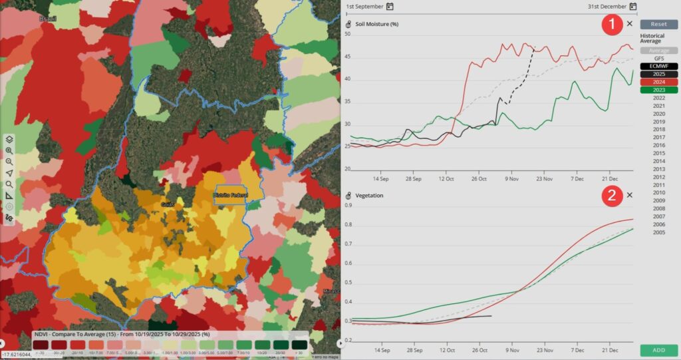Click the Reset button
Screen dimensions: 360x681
pos(659,24)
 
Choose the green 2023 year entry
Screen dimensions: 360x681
pos(659,90)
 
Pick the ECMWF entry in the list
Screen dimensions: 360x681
pos(659,66)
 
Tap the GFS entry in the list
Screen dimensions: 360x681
pos(659,58)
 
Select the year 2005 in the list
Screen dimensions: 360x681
pos(659,232)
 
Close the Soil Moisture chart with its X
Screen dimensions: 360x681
pos(630,24)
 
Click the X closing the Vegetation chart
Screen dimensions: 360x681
pos(630,196)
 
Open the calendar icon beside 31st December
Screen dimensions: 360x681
pos(633,7)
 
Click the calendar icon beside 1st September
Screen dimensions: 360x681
pos(390,7)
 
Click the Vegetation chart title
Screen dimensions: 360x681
pos(370,196)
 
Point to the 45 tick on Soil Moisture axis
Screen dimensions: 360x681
pos(346,57)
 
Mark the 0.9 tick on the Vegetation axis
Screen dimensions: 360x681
pos(346,205)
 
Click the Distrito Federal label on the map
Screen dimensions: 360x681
pos(231,194)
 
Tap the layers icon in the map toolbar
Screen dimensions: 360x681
pos(9,140)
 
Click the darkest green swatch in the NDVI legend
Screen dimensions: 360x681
pos(299,344)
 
